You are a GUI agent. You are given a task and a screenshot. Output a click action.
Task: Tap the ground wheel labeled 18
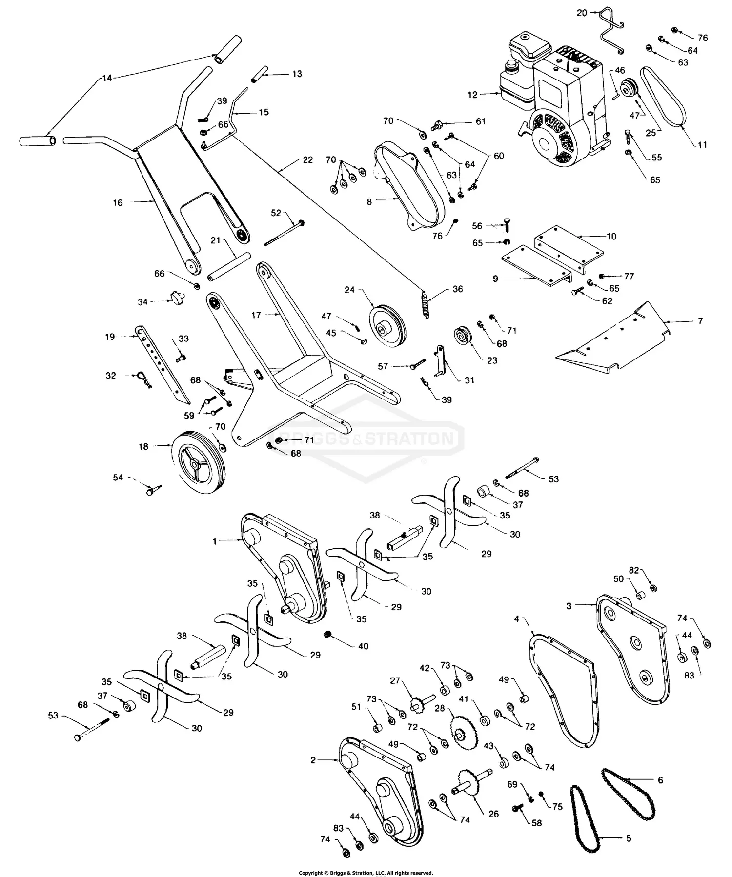198,461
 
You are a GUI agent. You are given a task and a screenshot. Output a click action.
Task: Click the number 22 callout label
308,160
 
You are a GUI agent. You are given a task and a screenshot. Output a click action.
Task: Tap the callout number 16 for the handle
118,202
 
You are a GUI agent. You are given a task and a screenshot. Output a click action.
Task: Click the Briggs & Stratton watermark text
366,438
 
